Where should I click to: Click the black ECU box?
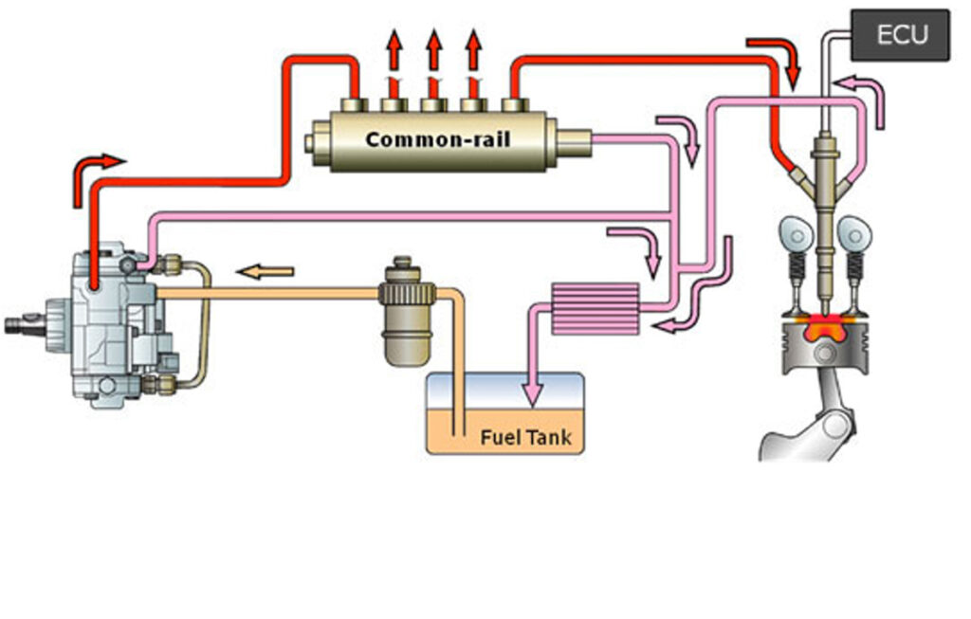pyautogui.click(x=900, y=35)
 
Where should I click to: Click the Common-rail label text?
pyautogui.click(x=437, y=140)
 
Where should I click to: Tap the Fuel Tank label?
pyautogui.click(x=525, y=438)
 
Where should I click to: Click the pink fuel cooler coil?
pyautogui.click(x=594, y=308)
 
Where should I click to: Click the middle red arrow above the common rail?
pyautogui.click(x=433, y=52)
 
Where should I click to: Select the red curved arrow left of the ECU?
pyautogui.click(x=778, y=55)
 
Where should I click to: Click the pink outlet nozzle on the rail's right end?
pyautogui.click(x=573, y=142)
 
